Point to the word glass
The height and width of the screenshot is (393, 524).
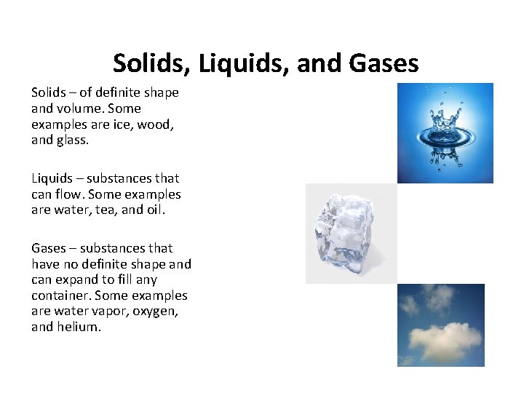(72, 140)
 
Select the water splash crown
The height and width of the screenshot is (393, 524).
(445, 124)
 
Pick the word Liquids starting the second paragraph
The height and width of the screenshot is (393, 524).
(52, 178)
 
